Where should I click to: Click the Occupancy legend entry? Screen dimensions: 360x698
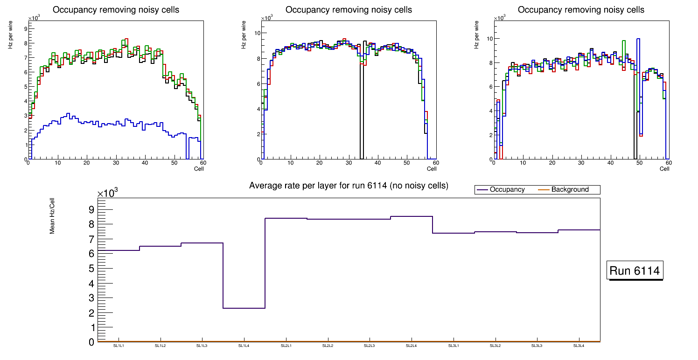tap(507, 190)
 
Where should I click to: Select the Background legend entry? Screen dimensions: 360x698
tap(570, 190)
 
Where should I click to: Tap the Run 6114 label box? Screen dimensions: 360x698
tap(635, 271)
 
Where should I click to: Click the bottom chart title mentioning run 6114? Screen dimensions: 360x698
tap(349, 186)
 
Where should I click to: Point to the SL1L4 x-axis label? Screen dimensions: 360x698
tap(244, 346)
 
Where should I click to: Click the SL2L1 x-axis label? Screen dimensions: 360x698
tap(286, 346)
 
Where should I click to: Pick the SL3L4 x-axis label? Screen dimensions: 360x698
tap(579, 346)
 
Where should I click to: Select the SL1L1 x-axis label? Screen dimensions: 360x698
tap(119, 346)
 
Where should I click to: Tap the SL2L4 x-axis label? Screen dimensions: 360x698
tap(412, 346)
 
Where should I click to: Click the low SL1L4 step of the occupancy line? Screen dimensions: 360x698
tap(244, 308)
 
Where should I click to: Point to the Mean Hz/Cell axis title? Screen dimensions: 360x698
tap(53, 215)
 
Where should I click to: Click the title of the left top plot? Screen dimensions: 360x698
tap(116, 10)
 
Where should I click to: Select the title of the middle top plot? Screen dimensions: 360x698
tap(349, 10)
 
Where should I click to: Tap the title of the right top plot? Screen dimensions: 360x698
tap(581, 10)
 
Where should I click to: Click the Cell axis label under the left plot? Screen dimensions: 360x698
tap(199, 168)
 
